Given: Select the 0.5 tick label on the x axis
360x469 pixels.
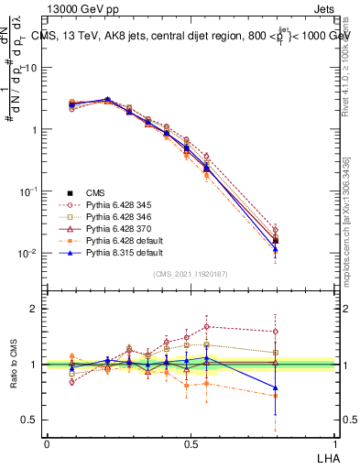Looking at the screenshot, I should click(190, 442).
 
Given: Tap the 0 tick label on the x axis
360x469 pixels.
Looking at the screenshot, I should click(47, 442).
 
